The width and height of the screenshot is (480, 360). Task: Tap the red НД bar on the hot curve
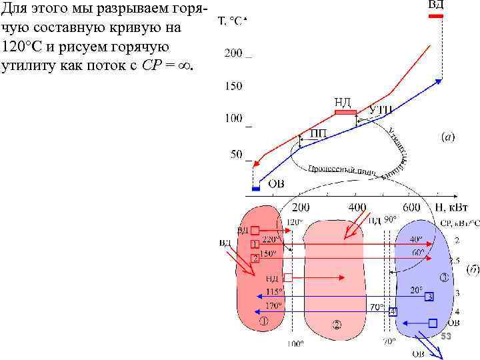coord(345,113)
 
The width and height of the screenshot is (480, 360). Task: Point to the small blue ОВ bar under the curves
coord(255,189)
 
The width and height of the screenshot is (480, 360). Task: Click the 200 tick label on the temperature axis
coord(233,53)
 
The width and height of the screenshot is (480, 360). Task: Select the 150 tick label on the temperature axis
coord(233,86)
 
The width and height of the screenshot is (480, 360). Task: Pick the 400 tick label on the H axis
coord(357,207)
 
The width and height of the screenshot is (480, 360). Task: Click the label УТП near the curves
coord(381,109)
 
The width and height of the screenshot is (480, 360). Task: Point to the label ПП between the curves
coord(318,133)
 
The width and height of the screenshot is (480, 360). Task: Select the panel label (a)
coord(448,137)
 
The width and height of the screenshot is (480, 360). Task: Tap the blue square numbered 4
coord(393,311)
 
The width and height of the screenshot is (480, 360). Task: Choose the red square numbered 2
coord(255,258)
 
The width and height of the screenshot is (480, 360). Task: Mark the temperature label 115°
coord(274,291)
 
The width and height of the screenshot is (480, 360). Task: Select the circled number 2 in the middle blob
coord(337,325)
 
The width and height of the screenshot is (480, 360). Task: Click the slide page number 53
coord(446,337)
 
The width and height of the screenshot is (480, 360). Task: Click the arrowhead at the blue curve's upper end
coord(438,81)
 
